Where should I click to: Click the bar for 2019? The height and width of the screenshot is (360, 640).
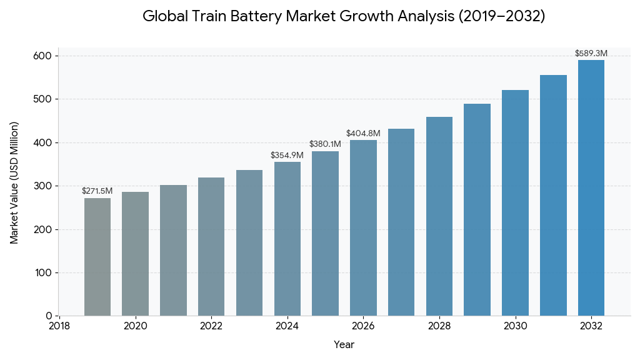97,257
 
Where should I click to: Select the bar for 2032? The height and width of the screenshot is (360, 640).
591,187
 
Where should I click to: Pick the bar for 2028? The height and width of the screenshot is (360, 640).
439,216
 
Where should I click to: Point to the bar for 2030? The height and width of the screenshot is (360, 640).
515,202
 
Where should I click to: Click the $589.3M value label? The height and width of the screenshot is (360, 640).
591,54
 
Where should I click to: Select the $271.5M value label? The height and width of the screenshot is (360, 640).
97,191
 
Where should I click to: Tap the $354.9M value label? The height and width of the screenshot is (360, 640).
287,155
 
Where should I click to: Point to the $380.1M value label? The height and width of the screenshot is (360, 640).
325,144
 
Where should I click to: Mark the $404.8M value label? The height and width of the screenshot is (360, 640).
363,134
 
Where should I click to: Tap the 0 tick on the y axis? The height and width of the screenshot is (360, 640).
48,316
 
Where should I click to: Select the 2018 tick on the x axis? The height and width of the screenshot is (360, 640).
59,326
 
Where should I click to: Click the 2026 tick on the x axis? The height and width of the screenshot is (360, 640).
363,326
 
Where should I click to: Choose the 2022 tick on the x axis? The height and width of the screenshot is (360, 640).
211,326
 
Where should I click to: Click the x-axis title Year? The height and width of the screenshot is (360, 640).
344,344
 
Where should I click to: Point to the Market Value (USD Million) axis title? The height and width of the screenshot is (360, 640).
14,182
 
